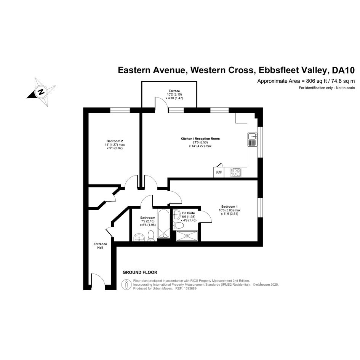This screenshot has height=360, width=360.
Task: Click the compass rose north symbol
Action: (x=41, y=92)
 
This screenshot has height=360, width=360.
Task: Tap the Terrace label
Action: (x=174, y=91)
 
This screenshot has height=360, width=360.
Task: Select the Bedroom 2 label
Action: (x=115, y=141)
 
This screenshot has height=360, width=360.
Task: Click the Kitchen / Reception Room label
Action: (x=200, y=139)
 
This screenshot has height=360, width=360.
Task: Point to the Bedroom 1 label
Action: (x=230, y=206)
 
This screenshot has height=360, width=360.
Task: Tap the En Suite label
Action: (x=189, y=213)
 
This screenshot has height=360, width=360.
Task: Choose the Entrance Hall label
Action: (x=100, y=246)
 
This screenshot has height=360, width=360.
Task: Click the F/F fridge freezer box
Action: (x=219, y=172)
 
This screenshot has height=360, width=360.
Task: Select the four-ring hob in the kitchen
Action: (x=236, y=172)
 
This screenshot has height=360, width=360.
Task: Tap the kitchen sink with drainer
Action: (x=253, y=139)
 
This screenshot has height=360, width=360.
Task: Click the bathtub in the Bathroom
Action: (x=163, y=224)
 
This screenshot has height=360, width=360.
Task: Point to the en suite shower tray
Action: (x=187, y=236)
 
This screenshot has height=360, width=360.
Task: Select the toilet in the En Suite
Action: (x=178, y=226)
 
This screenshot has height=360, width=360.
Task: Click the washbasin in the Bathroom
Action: (x=139, y=237)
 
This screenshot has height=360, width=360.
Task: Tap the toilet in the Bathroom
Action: (x=151, y=236)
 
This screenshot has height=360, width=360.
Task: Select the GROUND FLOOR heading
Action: (x=140, y=272)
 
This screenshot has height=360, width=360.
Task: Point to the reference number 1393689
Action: (x=189, y=288)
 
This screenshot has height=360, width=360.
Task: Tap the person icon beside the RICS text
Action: (x=126, y=285)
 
